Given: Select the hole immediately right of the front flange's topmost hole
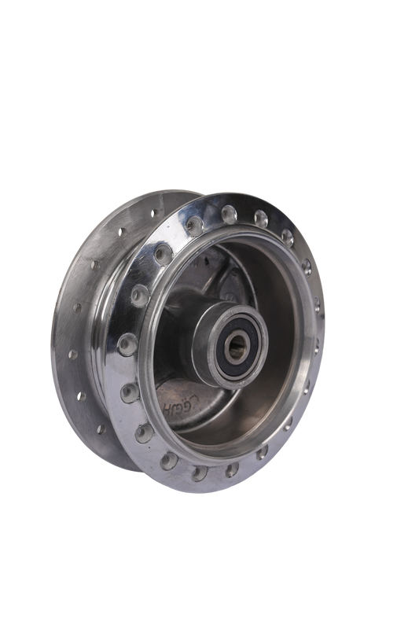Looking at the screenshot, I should point(259,215).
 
